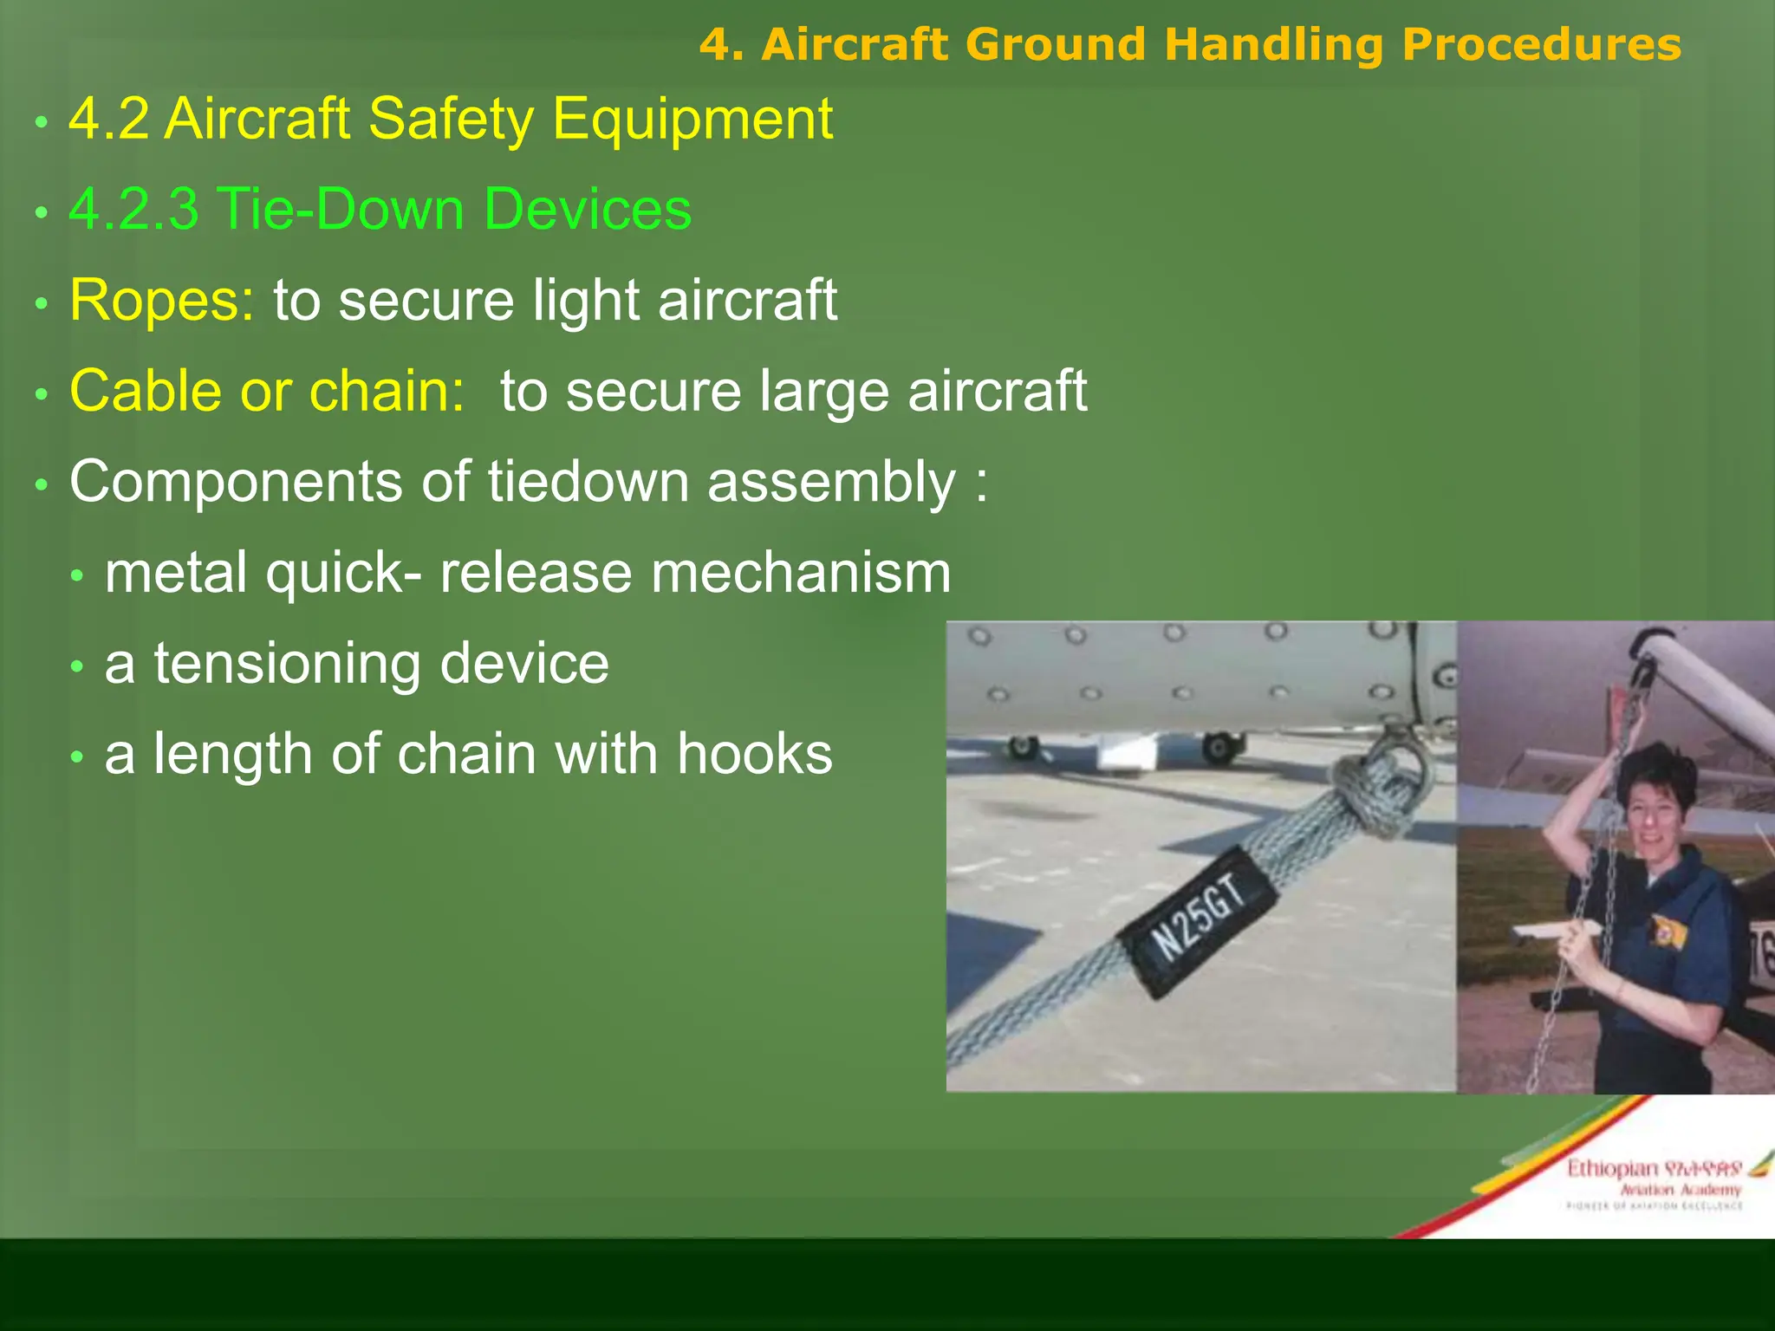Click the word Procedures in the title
click(1541, 44)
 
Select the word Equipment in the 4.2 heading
click(692, 119)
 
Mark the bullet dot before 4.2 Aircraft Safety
click(41, 122)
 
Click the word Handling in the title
click(1273, 44)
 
